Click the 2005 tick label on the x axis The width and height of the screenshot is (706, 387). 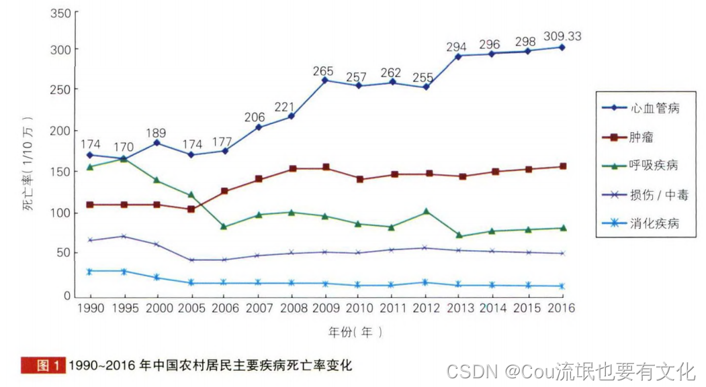[x=191, y=307]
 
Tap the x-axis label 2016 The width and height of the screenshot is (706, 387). [x=562, y=307]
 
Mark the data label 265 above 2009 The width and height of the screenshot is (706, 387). [x=325, y=71]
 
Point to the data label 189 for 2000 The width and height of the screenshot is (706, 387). [x=156, y=133]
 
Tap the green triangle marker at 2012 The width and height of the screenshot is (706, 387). [x=426, y=212]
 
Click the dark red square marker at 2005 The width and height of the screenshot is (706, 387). [x=191, y=209]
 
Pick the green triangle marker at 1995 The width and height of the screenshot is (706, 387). [x=124, y=159]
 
